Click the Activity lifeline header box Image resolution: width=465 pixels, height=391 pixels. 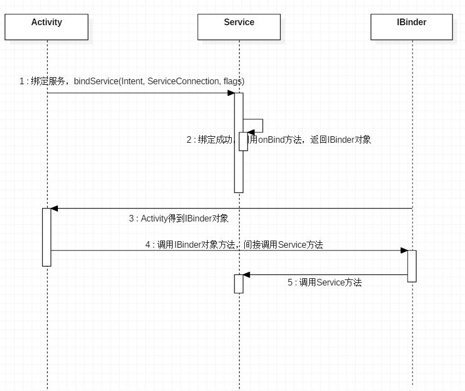point(46,27)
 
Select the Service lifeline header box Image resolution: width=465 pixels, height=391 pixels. point(239,27)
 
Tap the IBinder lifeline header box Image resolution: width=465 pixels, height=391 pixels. point(411,27)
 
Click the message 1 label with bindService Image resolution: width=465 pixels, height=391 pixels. point(132,81)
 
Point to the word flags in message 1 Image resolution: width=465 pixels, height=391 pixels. point(233,81)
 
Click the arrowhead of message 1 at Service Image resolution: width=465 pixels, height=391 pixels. point(231,93)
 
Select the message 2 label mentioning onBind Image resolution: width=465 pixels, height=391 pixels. point(279,139)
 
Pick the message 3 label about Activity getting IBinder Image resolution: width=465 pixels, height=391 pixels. point(179,219)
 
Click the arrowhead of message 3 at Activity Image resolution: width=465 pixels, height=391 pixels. point(54,208)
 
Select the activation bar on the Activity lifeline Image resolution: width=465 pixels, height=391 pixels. point(46,237)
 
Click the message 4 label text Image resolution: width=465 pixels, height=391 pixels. point(234,245)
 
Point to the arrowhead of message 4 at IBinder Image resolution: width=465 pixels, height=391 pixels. point(404,250)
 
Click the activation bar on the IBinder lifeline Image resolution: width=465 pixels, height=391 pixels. point(411,266)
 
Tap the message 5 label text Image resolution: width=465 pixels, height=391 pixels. point(325,283)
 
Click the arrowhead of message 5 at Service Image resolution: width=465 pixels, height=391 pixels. point(246,275)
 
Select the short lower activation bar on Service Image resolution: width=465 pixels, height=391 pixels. point(239,284)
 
